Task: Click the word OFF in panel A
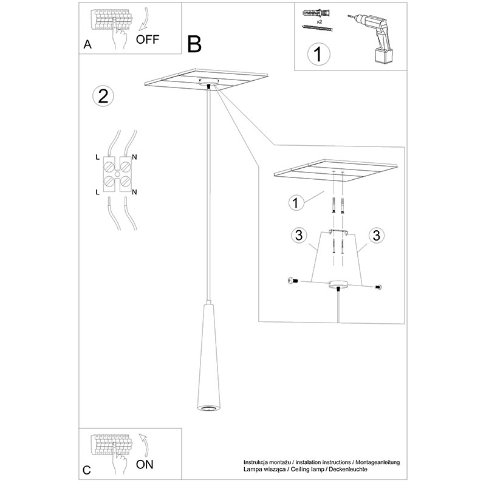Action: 148,39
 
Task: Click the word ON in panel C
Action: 145,464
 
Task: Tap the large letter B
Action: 194,44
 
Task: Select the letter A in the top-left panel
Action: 87,44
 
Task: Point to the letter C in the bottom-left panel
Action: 87,470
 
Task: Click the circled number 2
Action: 103,96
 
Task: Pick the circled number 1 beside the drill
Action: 318,54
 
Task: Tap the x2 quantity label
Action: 320,22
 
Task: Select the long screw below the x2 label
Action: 317,29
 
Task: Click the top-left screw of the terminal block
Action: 109,167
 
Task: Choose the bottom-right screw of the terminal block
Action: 126,180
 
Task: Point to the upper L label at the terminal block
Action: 97,157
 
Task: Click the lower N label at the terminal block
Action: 134,192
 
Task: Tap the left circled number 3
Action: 299,235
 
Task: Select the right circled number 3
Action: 377,236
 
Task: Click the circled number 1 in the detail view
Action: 296,203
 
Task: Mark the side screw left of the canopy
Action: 292,281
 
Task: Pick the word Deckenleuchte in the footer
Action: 348,469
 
